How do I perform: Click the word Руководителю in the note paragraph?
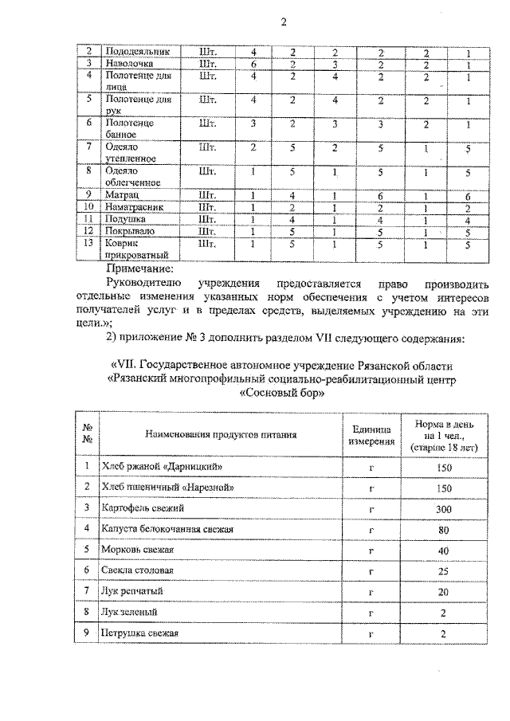[147, 283]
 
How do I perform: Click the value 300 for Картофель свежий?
[445, 508]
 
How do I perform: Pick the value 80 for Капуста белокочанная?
[445, 529]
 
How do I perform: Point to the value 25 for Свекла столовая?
[445, 570]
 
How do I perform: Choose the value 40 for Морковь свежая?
[445, 550]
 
